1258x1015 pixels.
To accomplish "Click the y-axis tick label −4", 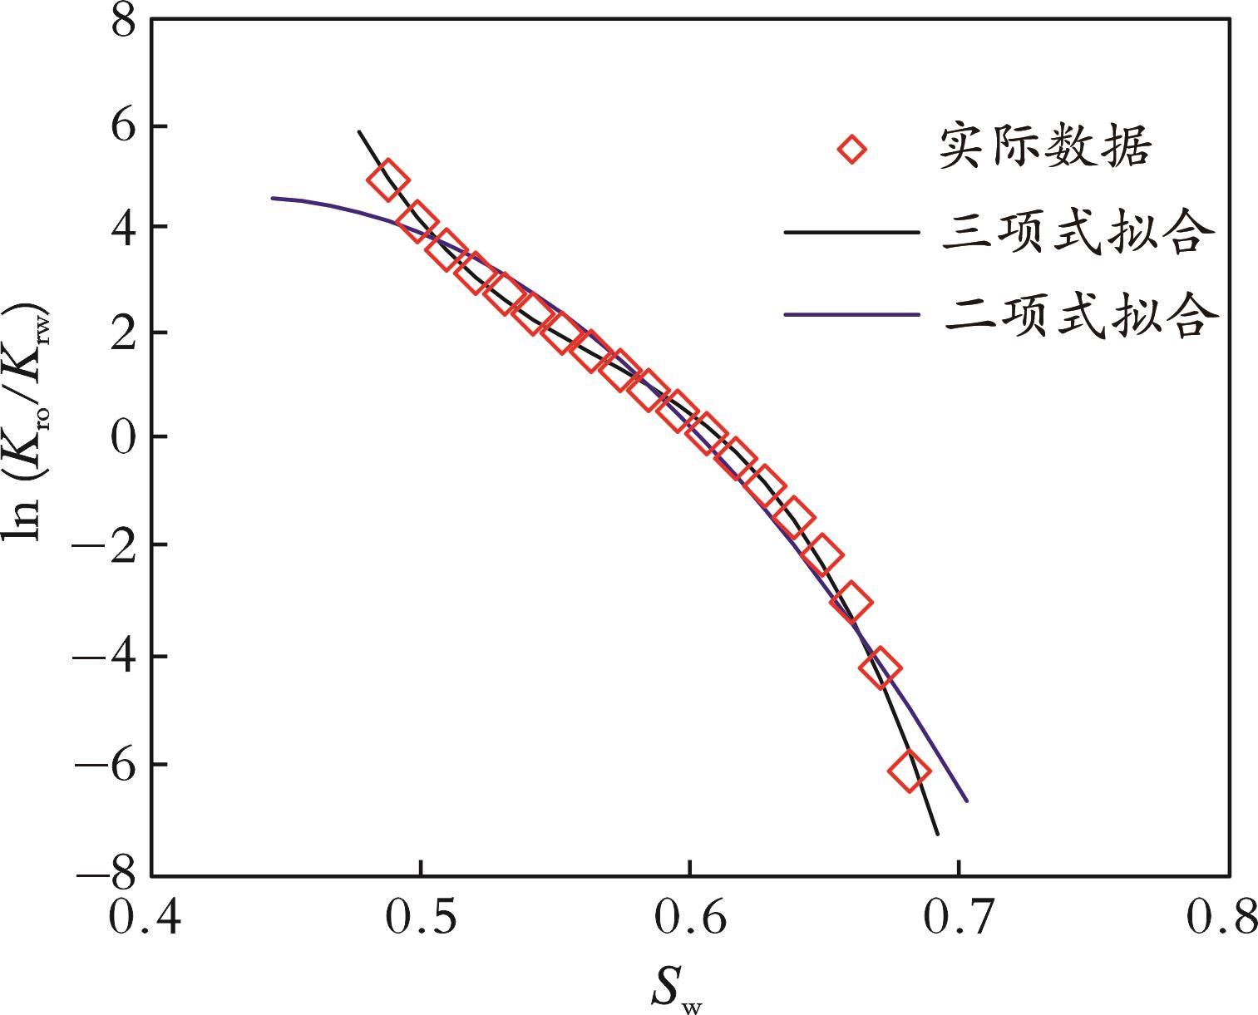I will [106, 657].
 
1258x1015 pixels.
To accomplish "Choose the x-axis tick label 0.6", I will [690, 919].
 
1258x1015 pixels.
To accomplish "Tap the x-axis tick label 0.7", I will [960, 919].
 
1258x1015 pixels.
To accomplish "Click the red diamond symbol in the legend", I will [851, 150].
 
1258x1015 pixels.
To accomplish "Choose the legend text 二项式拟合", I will [1081, 316].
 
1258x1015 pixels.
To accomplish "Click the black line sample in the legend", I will [851, 233].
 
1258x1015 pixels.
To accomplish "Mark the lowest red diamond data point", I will [909, 771].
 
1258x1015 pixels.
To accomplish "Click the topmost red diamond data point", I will [387, 180].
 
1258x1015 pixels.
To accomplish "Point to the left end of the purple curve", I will [274, 198].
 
